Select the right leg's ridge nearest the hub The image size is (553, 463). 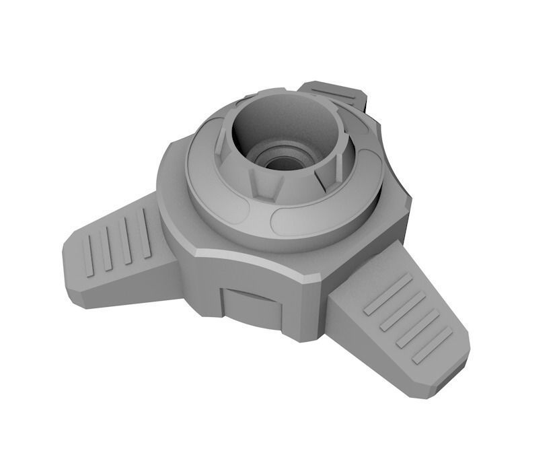[388, 295]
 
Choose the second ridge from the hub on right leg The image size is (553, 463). [404, 310]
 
